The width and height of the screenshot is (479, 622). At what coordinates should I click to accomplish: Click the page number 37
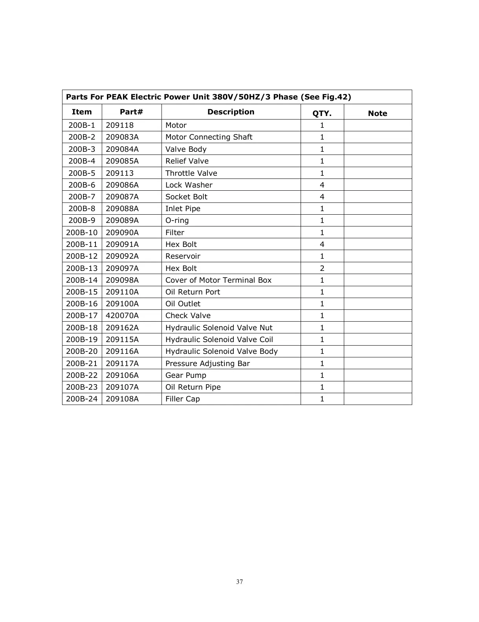240,582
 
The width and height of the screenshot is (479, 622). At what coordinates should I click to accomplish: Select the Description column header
231,112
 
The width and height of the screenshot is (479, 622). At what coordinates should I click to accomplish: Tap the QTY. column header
322,114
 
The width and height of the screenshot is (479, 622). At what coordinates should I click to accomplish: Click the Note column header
377,114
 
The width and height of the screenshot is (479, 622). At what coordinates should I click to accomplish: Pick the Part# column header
131,112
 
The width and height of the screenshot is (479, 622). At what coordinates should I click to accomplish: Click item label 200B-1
82,125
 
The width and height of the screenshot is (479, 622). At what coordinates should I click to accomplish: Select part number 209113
119,173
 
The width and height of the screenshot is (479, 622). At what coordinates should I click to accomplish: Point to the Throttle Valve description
191,173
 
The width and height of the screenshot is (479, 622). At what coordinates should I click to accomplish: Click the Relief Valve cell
187,161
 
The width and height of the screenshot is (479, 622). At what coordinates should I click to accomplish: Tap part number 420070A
122,316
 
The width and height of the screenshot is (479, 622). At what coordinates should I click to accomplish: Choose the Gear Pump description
185,375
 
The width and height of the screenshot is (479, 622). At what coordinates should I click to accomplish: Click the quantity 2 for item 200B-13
322,269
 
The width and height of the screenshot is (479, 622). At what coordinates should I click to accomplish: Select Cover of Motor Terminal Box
218,280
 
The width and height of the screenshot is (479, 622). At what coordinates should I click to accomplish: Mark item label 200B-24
82,399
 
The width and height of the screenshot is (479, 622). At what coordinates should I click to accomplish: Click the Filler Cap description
182,399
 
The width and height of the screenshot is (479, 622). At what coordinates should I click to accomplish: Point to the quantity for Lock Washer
322,185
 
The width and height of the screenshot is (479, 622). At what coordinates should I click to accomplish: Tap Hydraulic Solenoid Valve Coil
219,340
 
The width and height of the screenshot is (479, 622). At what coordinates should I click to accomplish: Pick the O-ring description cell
177,221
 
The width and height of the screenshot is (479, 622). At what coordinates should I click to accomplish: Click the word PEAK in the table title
117,97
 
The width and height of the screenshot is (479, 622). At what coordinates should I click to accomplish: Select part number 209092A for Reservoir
122,256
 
